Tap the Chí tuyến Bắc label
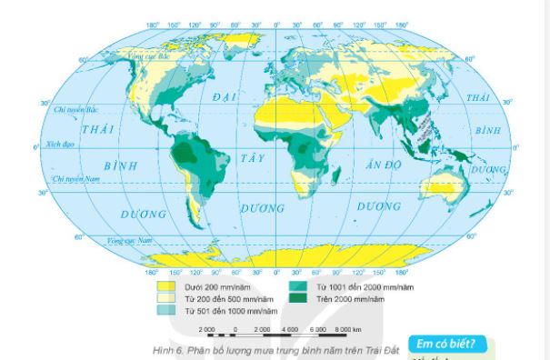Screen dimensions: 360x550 75,109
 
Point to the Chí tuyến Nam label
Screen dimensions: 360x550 78,180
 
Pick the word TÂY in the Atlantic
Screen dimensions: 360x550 252,157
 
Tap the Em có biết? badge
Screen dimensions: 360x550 448,345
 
